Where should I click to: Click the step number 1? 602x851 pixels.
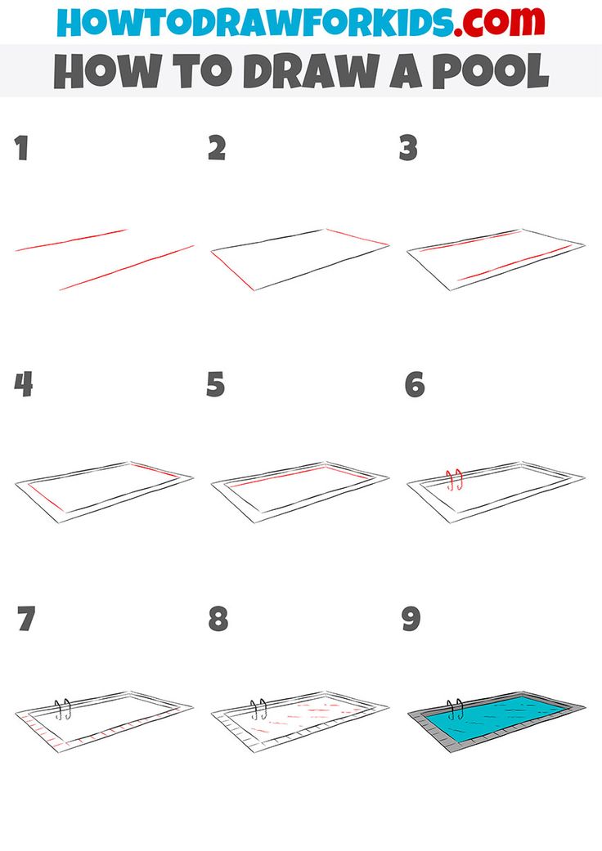[21, 149]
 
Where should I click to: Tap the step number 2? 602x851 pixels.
[216, 148]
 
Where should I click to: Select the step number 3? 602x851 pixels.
[408, 148]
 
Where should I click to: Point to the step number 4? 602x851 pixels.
[24, 383]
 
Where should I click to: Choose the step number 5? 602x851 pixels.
[215, 383]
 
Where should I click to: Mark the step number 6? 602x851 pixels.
[415, 383]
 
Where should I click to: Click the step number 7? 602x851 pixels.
[25, 619]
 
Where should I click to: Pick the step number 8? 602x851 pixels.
[218, 619]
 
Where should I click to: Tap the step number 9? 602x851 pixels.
[411, 619]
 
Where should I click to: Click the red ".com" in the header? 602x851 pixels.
[499, 22]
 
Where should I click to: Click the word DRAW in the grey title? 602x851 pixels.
[298, 71]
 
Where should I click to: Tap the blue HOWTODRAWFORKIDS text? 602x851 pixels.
[254, 22]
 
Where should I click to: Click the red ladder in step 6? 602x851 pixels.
[454, 479]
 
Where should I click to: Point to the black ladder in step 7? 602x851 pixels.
[62, 709]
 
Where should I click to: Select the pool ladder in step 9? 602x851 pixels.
[455, 709]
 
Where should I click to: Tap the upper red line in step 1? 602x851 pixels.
[72, 240]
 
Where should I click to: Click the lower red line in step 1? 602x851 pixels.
[127, 266]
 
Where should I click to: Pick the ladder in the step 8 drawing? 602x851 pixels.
[258, 709]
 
